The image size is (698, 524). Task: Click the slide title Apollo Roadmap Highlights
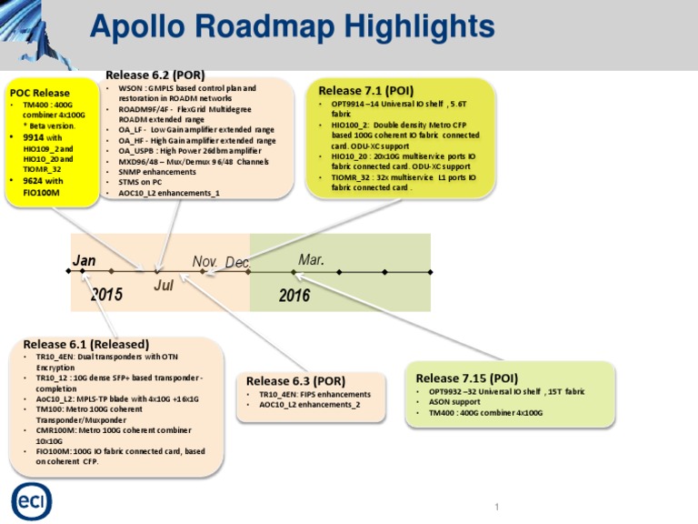coord(292,27)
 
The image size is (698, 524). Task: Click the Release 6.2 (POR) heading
coord(155,75)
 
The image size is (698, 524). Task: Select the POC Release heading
coord(39,93)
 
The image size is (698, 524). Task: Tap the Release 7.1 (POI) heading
coord(365,90)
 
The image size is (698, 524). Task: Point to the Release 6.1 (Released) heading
coord(85,344)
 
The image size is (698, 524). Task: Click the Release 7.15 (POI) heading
coord(466,378)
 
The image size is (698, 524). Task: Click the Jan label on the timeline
coord(85,261)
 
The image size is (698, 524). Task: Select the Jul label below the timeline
coord(164,285)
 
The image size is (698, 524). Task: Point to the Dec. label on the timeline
coord(238,262)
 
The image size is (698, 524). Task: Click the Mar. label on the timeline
coord(311,260)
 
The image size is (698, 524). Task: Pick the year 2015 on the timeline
coord(106,295)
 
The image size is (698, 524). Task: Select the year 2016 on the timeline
coord(294,295)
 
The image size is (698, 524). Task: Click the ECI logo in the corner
coord(31,501)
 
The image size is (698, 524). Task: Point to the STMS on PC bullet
coord(140,182)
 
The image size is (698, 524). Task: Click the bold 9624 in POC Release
coord(33,180)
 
